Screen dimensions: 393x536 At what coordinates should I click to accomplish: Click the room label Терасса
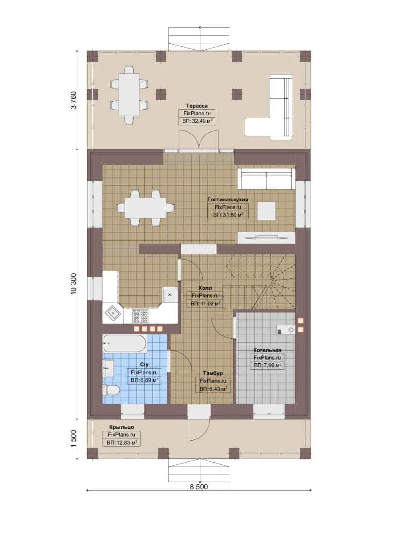197,106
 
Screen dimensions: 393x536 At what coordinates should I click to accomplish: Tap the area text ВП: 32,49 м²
197,121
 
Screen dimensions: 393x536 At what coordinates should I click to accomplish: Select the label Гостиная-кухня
228,200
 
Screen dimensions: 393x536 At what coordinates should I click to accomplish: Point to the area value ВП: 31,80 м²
228,215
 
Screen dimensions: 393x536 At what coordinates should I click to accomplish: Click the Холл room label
205,288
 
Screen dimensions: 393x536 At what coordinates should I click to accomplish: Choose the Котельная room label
267,350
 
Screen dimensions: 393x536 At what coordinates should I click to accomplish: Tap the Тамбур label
213,373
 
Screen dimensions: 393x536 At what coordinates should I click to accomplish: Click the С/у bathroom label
144,365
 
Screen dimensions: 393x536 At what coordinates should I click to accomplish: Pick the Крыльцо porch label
122,427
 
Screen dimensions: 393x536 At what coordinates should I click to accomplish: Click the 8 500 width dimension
199,486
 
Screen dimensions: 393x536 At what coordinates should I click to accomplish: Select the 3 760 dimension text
74,100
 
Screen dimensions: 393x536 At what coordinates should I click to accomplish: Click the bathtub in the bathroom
125,344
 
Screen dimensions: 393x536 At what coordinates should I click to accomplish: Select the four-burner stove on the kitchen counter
140,315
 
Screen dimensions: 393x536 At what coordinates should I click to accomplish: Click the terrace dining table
129,95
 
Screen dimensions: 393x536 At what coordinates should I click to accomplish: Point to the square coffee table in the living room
266,211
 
